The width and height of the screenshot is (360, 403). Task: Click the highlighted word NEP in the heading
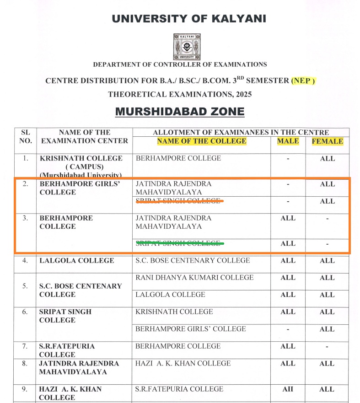click(x=303, y=81)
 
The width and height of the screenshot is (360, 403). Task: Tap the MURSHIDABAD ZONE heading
click(x=180, y=112)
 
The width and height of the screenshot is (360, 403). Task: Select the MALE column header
click(x=288, y=141)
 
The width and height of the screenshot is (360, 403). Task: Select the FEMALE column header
click(x=327, y=141)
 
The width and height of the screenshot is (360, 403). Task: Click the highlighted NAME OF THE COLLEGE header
click(x=201, y=141)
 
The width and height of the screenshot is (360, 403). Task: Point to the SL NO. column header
click(x=26, y=136)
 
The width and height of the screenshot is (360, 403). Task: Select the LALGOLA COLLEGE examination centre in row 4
click(x=77, y=261)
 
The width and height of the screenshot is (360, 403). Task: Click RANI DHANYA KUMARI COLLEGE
click(x=194, y=278)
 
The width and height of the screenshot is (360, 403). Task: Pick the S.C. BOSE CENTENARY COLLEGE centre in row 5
click(x=81, y=290)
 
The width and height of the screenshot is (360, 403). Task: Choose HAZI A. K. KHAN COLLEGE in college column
click(x=183, y=364)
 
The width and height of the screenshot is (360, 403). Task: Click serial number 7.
click(x=26, y=346)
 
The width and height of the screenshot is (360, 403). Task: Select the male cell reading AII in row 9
click(x=288, y=389)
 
